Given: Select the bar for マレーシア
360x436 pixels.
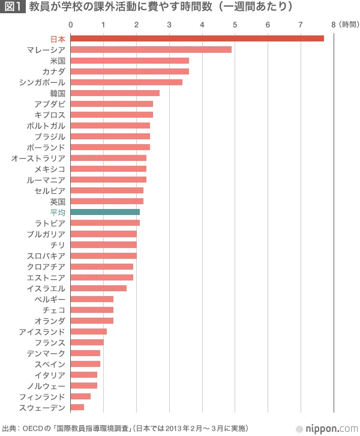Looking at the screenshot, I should click(151, 49).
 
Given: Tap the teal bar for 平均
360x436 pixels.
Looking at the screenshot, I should click(105, 212).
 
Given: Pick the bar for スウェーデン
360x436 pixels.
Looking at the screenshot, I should click(77, 407).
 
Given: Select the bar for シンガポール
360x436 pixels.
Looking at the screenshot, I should click(127, 82).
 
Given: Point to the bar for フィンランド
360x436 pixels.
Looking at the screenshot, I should click(80, 396).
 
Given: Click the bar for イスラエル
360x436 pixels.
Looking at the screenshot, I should click(98, 288).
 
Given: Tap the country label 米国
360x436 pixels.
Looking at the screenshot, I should click(58, 61).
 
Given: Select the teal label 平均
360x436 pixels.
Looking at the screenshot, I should click(58, 212).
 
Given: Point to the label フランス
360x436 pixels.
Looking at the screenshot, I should click(50, 342).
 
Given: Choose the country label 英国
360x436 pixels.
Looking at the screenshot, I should click(58, 201).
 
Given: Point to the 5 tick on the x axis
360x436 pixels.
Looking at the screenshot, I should click(235, 25).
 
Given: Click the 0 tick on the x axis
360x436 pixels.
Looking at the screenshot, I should click(71, 25).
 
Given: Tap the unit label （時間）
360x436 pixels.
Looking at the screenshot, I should click(349, 25).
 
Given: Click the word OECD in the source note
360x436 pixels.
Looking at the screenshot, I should click(33, 429).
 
